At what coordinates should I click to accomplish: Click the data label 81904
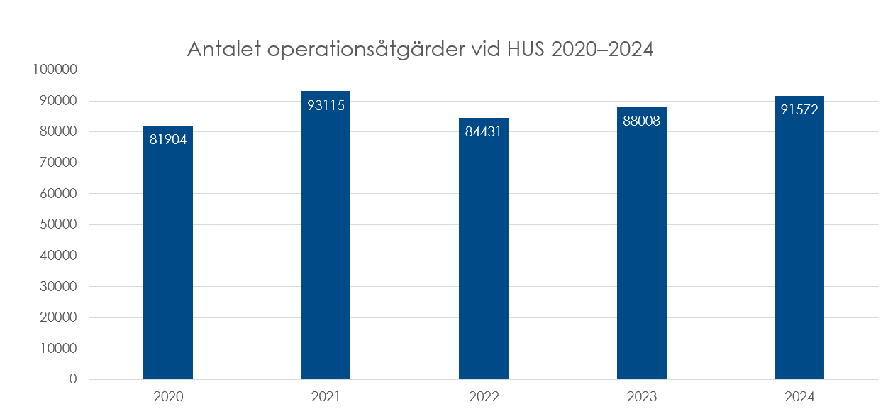point(168,139)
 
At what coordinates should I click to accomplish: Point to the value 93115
point(326,105)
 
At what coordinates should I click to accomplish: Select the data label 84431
point(484,131)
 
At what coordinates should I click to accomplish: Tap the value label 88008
point(641,121)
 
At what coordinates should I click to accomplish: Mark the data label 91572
point(799,109)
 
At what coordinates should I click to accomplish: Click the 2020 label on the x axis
point(168,396)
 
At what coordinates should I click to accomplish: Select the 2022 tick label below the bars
point(484,396)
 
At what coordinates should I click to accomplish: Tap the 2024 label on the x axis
point(799,396)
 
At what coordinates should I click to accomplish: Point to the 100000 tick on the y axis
point(54,70)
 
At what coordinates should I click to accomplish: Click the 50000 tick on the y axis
point(57,224)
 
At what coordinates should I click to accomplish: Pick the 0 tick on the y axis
point(73,379)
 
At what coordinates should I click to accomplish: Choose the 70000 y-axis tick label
point(57,163)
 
